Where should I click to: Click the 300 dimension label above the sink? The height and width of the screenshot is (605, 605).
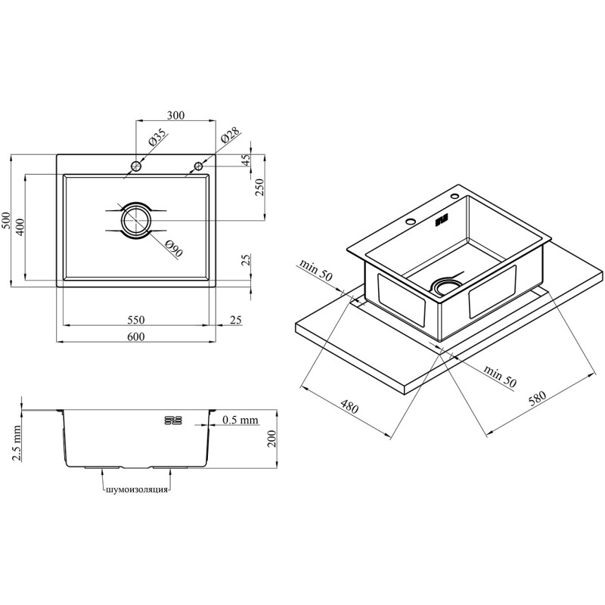pos(175,115)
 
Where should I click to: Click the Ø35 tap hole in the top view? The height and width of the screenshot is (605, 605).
pos(136,166)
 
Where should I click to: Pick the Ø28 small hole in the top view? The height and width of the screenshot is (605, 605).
pos(199,166)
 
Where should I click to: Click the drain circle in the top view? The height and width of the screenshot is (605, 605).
pos(136,221)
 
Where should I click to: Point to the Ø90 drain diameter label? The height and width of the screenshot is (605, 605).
pos(174,248)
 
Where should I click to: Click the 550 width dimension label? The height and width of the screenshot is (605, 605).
pos(136,320)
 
